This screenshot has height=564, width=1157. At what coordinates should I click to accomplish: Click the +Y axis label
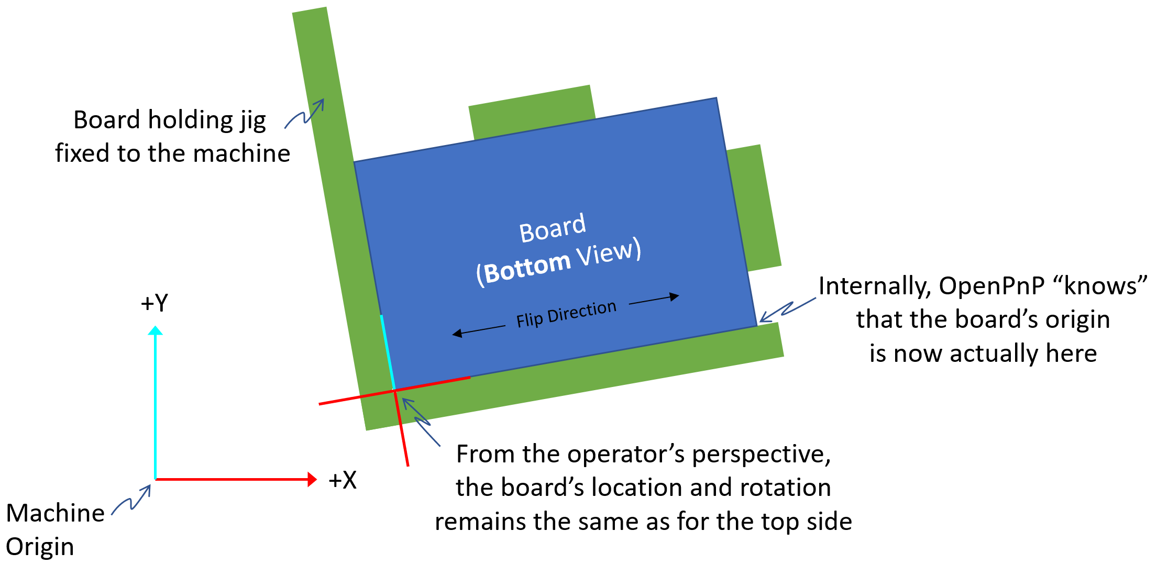coord(155,303)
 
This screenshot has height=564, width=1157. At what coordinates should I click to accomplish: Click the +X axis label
coord(343,480)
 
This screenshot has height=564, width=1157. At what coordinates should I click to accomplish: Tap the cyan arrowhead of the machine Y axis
coord(155,330)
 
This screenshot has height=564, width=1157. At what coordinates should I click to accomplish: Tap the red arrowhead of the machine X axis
coord(312,479)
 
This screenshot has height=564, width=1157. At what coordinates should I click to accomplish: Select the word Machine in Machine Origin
coord(55,513)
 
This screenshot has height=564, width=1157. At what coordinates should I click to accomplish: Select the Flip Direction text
coord(566,314)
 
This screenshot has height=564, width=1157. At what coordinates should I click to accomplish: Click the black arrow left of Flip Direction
coord(478,330)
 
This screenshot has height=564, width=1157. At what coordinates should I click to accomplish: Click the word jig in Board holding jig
coord(253,121)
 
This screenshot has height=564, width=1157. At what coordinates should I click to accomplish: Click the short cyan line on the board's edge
coord(388,351)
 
